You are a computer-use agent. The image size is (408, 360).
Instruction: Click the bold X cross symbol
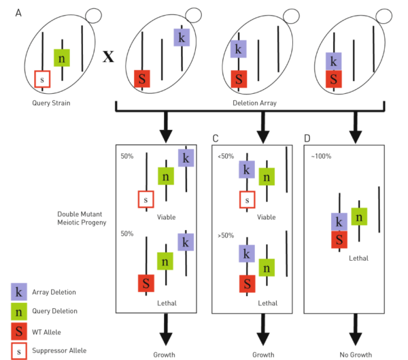[x=108, y=56]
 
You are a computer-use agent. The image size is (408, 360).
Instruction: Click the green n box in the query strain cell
[x=63, y=58]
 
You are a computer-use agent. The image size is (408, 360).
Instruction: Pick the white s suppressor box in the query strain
[x=42, y=80]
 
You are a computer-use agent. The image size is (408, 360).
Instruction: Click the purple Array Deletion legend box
[x=20, y=292]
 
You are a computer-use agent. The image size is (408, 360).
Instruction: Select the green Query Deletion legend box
[x=20, y=312]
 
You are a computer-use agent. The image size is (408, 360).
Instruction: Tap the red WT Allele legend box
[x=20, y=331]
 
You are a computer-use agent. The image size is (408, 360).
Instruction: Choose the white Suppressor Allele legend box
[x=20, y=350]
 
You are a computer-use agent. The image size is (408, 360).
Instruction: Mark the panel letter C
[x=216, y=139]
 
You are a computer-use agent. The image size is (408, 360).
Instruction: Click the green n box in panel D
[x=358, y=216]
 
